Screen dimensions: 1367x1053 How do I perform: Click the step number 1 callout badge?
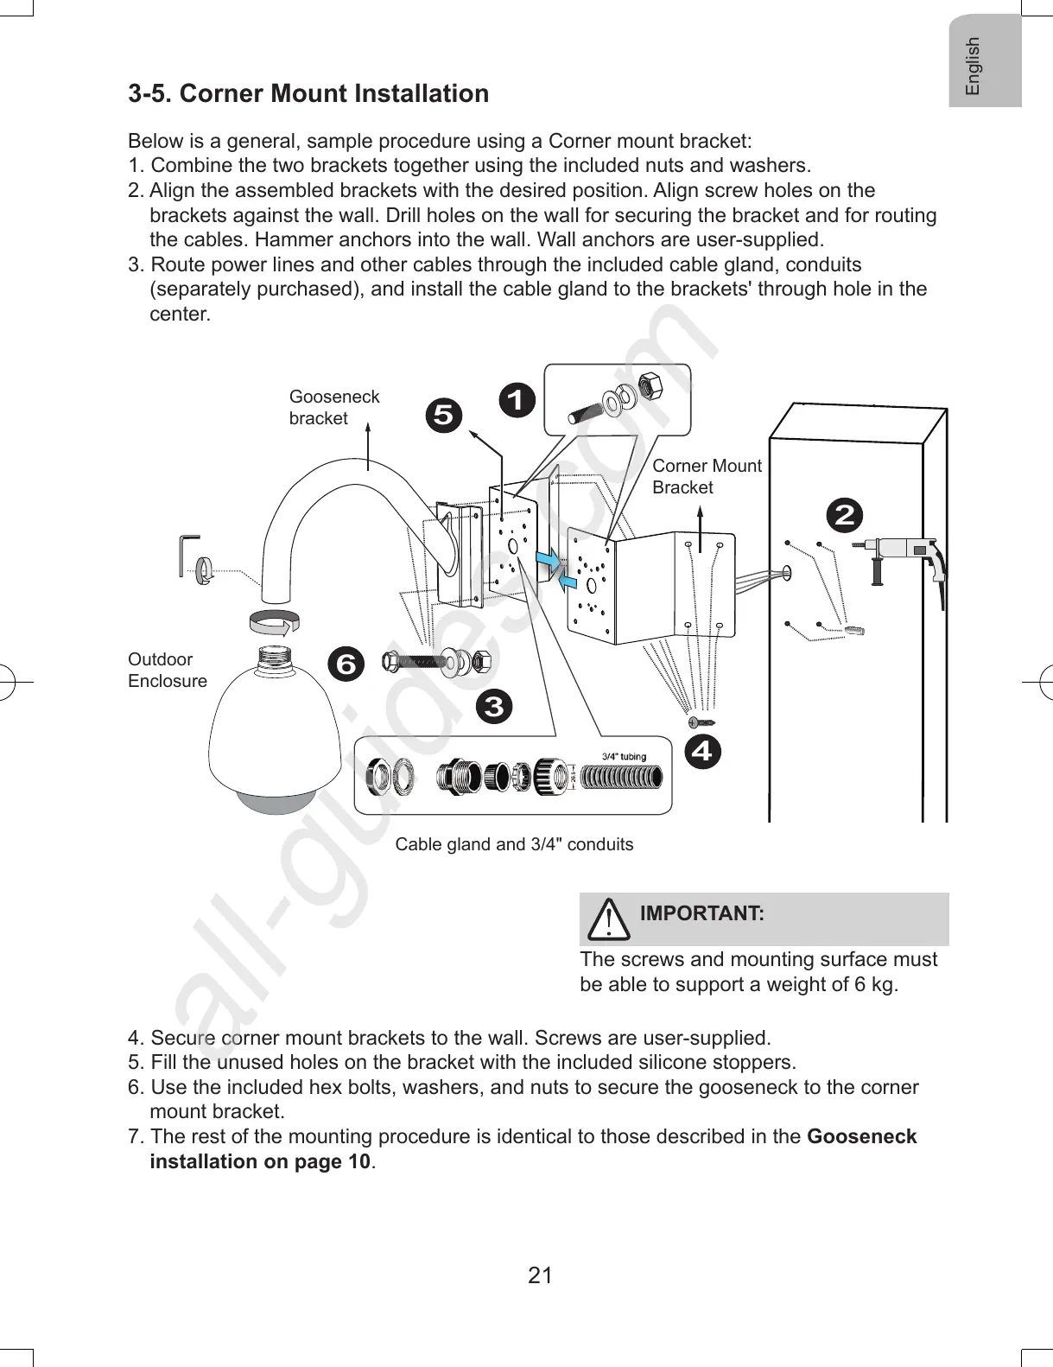[x=517, y=401]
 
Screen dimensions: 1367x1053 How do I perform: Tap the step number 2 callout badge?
[x=844, y=515]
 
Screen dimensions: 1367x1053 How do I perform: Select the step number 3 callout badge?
[x=493, y=707]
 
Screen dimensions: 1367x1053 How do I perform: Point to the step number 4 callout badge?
[x=702, y=751]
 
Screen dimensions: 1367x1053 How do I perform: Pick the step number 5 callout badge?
[x=443, y=416]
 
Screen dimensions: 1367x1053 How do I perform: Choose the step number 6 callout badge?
[x=346, y=664]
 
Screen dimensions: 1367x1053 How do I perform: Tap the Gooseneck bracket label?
[x=333, y=407]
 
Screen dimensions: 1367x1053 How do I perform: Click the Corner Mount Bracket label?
[x=706, y=476]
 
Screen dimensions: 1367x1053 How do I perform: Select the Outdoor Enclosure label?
[x=167, y=670]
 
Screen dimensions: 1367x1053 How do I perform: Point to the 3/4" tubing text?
[x=624, y=757]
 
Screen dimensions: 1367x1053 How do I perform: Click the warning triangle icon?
[x=609, y=919]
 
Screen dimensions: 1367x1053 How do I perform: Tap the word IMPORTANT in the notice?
[x=701, y=913]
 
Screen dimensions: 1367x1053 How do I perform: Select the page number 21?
[x=540, y=1275]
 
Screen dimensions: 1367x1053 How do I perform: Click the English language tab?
[x=974, y=65]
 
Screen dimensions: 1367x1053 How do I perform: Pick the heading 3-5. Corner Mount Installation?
[x=308, y=93]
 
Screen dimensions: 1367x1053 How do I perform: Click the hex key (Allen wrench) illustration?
[x=187, y=554]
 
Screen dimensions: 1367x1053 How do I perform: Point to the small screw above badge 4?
[x=701, y=721]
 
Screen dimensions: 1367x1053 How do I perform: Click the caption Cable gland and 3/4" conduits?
[x=514, y=844]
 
